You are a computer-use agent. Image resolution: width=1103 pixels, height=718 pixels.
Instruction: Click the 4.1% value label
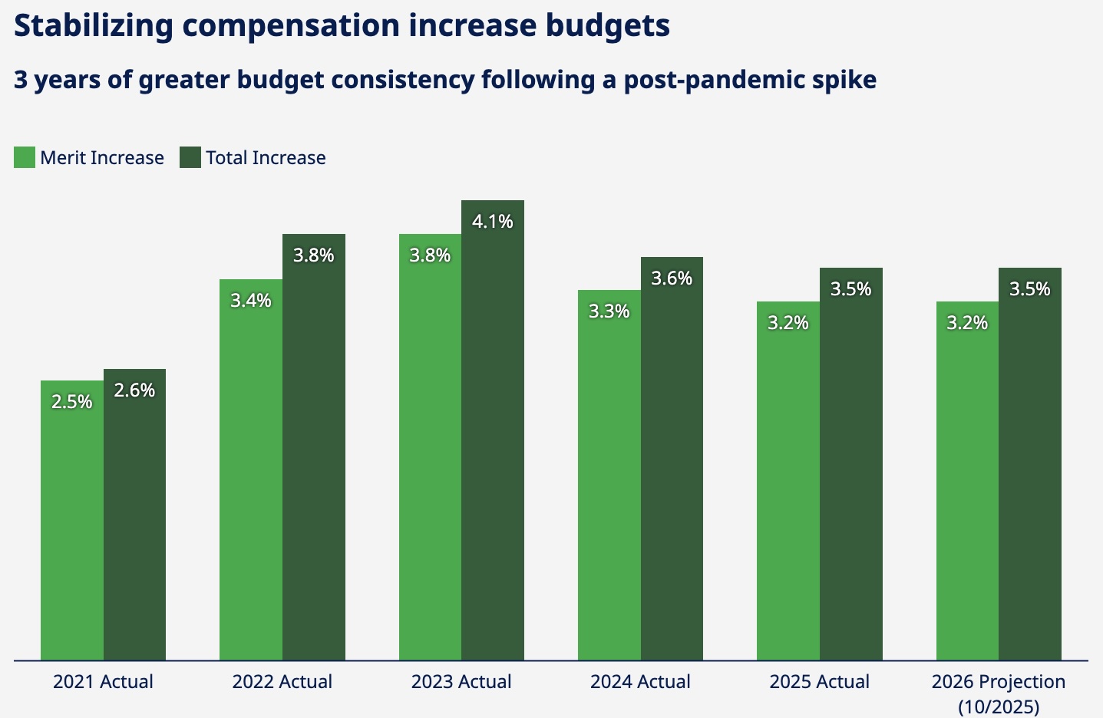[x=493, y=222]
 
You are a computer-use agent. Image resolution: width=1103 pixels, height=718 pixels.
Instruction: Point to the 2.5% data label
[x=72, y=402]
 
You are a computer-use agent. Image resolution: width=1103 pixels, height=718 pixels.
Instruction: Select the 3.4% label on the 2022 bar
[x=251, y=301]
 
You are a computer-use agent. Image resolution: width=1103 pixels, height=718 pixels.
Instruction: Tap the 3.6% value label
[x=672, y=278]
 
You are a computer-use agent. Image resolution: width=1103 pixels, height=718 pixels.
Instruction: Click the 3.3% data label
[x=609, y=311]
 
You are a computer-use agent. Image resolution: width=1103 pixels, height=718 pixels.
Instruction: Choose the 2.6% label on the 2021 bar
[x=134, y=390]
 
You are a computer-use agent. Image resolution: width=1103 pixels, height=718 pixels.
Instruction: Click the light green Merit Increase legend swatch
[x=25, y=157]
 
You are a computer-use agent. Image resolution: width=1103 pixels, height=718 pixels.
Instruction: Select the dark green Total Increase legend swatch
[x=190, y=157]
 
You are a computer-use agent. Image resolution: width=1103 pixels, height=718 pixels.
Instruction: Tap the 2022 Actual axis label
[x=282, y=682]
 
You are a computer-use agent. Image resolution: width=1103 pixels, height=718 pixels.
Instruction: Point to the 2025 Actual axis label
[x=820, y=682]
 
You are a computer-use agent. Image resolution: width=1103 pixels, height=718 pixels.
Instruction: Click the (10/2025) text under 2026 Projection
[x=999, y=706]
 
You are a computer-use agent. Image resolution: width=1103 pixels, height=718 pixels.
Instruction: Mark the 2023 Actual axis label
[x=461, y=682]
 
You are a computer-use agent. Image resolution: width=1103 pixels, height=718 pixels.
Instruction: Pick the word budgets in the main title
[x=608, y=26]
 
